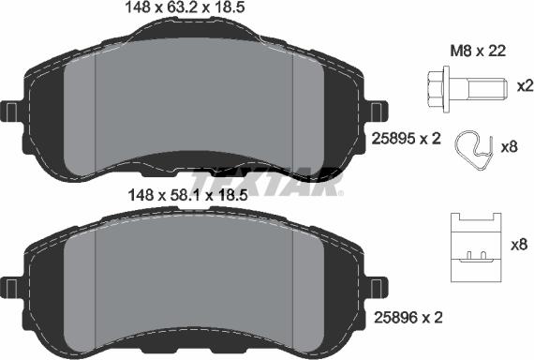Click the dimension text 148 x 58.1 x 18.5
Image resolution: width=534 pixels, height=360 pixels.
coord(195,195)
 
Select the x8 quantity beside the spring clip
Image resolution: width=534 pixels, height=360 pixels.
coord(512,147)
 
